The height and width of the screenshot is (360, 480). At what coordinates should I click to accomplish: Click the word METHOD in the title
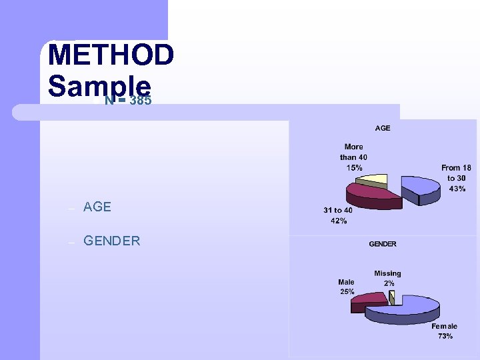point(111,55)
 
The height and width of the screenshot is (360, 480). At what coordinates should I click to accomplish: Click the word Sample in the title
point(100,85)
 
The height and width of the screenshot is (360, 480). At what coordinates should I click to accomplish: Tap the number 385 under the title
point(141,101)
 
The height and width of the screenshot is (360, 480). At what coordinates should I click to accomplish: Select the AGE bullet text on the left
point(97,207)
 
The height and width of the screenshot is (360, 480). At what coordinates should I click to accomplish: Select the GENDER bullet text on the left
point(112,241)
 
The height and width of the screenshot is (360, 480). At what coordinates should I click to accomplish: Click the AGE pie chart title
point(383,128)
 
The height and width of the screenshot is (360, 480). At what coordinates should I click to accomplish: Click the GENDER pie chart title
point(383,244)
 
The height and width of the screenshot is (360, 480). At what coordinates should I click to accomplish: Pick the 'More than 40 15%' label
point(354,157)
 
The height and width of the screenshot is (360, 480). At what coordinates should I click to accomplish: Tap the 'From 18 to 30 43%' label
point(456,178)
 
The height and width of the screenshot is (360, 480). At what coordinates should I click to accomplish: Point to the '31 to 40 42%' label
point(338,215)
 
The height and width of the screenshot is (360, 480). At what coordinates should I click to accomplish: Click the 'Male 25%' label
point(346,287)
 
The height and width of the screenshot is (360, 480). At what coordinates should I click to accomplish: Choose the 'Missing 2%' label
point(387,278)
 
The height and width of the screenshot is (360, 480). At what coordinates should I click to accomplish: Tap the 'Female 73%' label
point(444,331)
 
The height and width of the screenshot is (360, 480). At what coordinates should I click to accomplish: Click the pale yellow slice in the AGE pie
point(374,179)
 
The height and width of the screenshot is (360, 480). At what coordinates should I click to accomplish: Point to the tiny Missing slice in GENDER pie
point(392,297)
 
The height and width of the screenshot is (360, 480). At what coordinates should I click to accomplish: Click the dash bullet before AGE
point(70,208)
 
